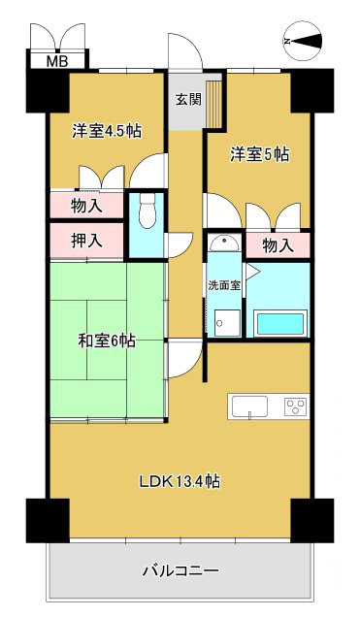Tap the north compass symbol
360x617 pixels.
[304, 41]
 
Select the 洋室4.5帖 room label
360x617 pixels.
[106, 132]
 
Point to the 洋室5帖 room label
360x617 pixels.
[259, 153]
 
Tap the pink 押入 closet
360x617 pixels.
[86, 240]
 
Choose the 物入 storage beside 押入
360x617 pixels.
[86, 206]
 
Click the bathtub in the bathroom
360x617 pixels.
[278, 323]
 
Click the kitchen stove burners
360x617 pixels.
[296, 406]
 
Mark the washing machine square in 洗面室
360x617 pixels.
[226, 322]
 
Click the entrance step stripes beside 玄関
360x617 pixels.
[213, 104]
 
